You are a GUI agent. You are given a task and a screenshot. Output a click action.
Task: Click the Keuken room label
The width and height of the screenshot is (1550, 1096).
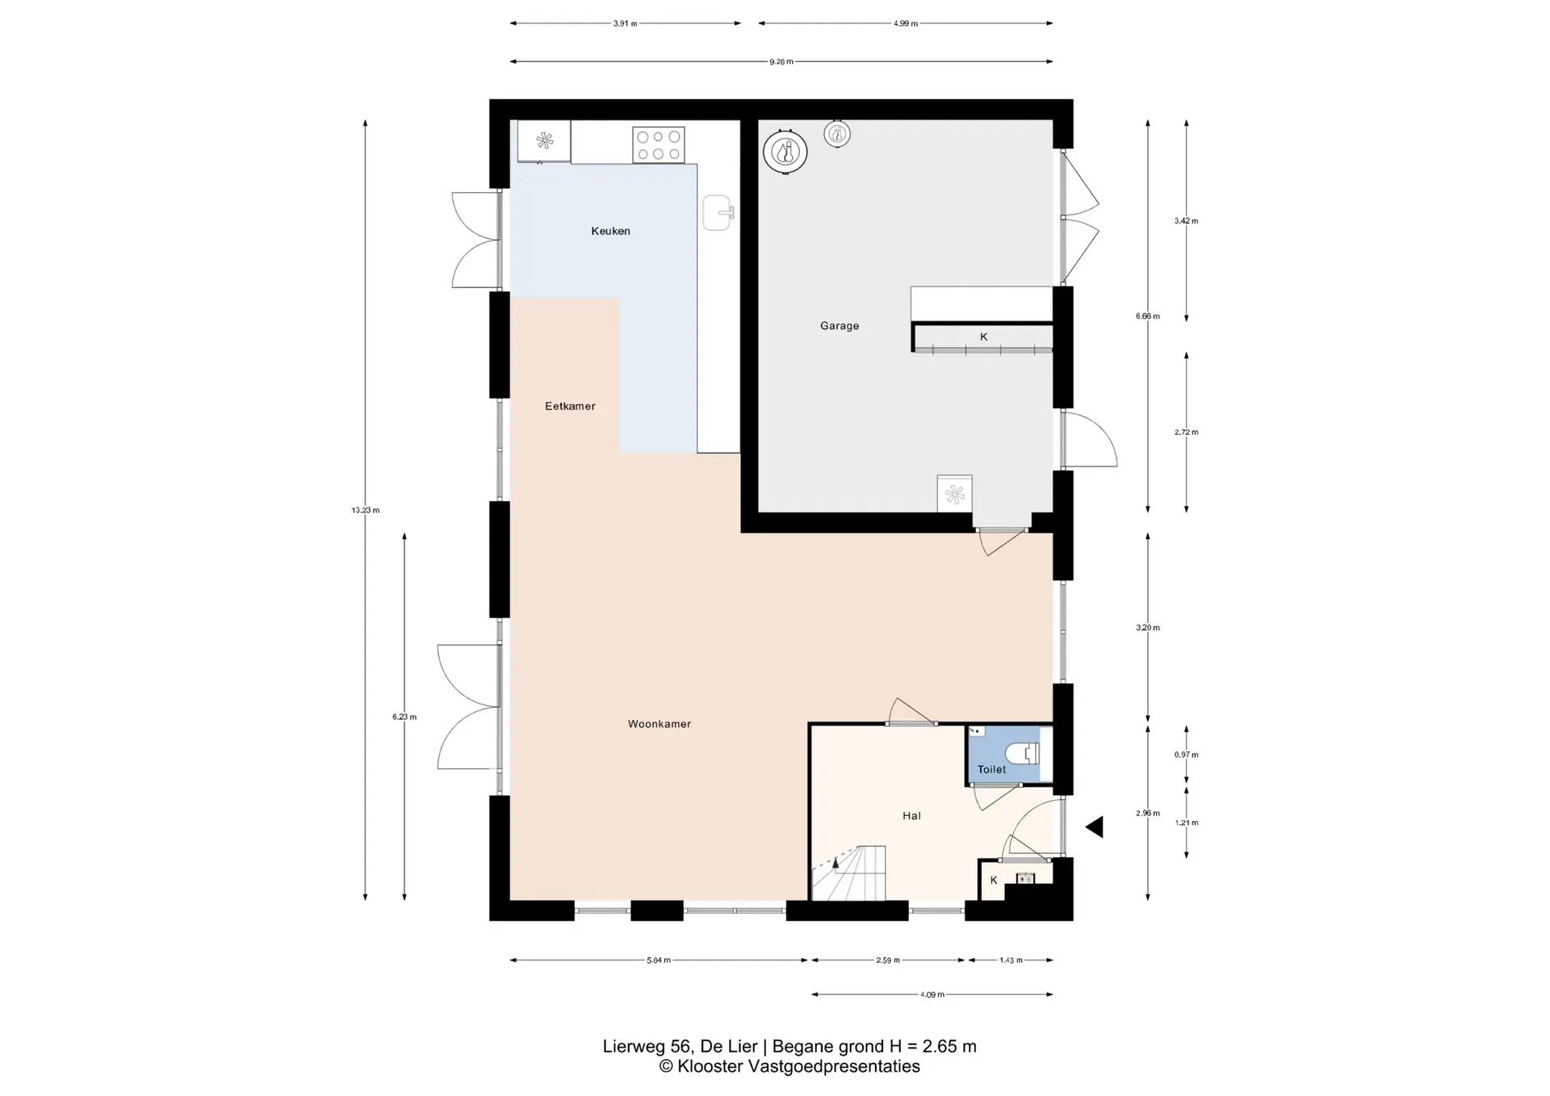(x=610, y=231)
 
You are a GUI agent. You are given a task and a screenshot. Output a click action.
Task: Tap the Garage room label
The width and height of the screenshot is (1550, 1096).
(x=840, y=326)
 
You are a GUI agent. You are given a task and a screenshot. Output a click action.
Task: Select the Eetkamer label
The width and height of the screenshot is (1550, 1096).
(x=570, y=406)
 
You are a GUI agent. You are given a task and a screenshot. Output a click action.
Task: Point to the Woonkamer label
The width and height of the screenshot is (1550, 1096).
(x=660, y=724)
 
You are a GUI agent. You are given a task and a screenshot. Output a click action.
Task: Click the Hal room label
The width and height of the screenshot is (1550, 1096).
(x=911, y=816)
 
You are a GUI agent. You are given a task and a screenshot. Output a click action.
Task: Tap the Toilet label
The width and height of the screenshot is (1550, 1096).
(x=991, y=770)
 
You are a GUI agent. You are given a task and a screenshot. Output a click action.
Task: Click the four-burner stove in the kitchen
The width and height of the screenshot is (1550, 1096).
(x=658, y=145)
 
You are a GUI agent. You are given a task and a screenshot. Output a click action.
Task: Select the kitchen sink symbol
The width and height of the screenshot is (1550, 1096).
(x=718, y=213)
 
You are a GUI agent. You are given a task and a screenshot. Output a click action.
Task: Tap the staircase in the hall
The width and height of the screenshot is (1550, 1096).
(x=848, y=873)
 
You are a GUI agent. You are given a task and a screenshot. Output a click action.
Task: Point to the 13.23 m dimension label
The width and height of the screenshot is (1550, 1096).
(x=365, y=510)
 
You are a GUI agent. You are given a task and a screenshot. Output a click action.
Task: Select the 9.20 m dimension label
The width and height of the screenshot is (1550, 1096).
(x=781, y=62)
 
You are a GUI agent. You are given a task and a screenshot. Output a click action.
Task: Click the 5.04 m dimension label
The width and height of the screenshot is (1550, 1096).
(x=659, y=960)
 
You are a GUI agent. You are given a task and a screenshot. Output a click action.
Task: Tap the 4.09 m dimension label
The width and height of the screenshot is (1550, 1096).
(x=932, y=995)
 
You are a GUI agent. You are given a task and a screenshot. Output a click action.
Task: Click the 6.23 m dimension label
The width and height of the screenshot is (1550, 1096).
(x=404, y=717)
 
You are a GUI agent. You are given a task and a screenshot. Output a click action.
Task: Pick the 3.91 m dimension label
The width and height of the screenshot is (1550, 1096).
(x=625, y=23)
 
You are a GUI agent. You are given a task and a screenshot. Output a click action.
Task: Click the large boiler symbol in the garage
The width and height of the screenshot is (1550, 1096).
(x=785, y=152)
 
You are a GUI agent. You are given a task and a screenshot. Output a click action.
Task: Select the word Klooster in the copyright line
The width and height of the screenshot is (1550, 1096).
(x=710, y=1067)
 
